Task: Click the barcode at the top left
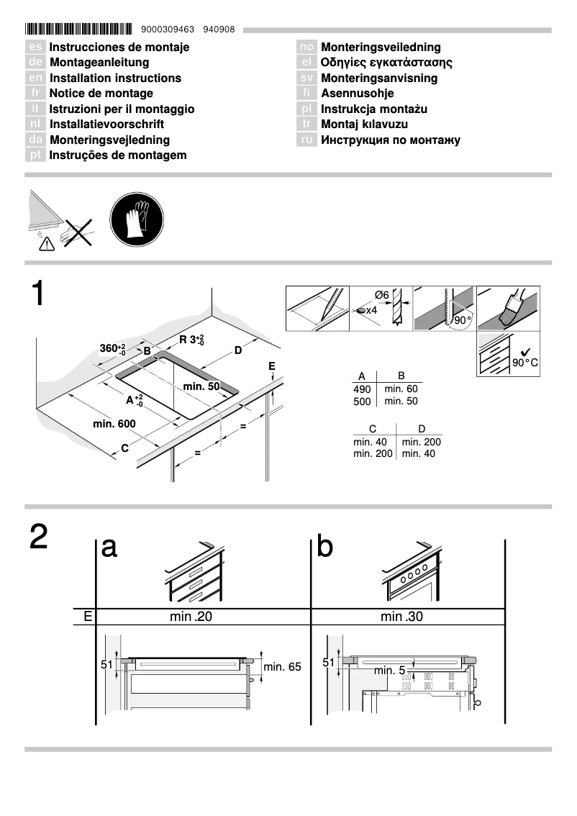(x=79, y=30)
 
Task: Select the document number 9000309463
(x=168, y=30)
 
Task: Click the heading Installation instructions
(x=115, y=78)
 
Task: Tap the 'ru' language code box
(x=306, y=140)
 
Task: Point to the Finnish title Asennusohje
(x=357, y=94)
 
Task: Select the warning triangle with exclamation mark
(x=45, y=244)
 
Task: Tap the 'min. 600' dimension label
(x=114, y=424)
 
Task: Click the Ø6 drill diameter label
(x=381, y=295)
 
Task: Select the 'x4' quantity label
(x=371, y=310)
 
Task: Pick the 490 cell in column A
(x=362, y=389)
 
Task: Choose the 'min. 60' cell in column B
(x=401, y=389)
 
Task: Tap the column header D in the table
(x=422, y=429)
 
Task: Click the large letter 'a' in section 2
(x=109, y=547)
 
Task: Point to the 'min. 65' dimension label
(x=282, y=667)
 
